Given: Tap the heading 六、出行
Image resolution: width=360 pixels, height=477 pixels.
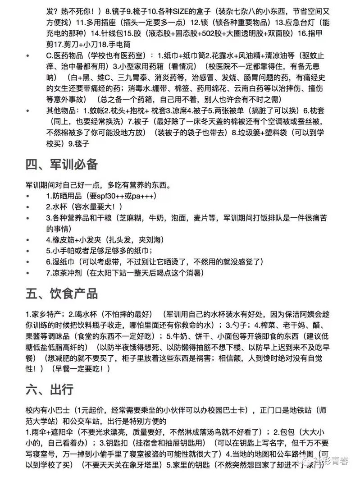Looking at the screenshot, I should [49, 388].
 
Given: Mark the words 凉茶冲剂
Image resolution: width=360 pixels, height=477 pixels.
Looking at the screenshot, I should [68, 273].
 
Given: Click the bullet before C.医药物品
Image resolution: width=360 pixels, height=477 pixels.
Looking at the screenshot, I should [29, 56].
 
